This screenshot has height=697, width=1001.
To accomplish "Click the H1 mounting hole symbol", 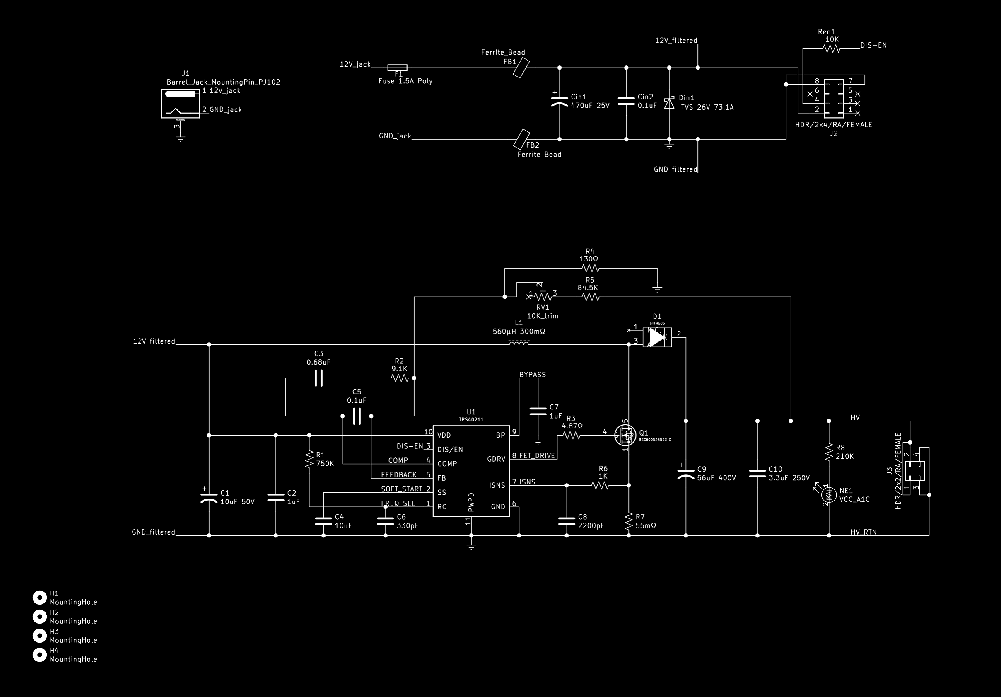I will (40, 598).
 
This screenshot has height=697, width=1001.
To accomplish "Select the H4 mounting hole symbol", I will (40, 655).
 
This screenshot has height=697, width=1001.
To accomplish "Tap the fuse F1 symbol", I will (397, 68).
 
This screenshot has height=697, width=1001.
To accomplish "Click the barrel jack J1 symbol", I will (180, 103).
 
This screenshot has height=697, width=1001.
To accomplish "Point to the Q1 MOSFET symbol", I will (626, 434).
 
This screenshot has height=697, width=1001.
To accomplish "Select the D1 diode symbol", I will (657, 337).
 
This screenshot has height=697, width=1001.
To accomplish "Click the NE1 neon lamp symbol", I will (828, 495).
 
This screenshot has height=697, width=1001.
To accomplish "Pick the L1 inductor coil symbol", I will (519, 342).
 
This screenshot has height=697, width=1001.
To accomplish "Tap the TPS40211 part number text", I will (471, 420).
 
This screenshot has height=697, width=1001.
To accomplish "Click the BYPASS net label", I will (532, 375).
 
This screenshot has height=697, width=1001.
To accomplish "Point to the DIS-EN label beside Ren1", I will (873, 45).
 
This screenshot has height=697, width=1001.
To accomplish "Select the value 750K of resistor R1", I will (325, 464).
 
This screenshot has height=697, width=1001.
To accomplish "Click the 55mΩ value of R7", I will (646, 526).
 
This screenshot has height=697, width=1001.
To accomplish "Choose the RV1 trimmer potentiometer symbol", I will (543, 296).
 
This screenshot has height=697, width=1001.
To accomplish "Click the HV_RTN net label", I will (863, 532).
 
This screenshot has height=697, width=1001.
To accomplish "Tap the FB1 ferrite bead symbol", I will (521, 68).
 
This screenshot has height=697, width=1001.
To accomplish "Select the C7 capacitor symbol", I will (538, 411).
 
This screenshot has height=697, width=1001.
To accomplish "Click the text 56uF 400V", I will (716, 478).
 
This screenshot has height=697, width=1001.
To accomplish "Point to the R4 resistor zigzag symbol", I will (590, 268).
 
